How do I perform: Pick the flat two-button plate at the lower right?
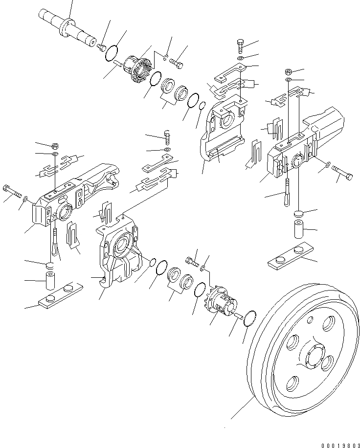coord(289,256)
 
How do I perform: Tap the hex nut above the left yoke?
coord(55,146)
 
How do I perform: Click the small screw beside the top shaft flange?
coord(101,46)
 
